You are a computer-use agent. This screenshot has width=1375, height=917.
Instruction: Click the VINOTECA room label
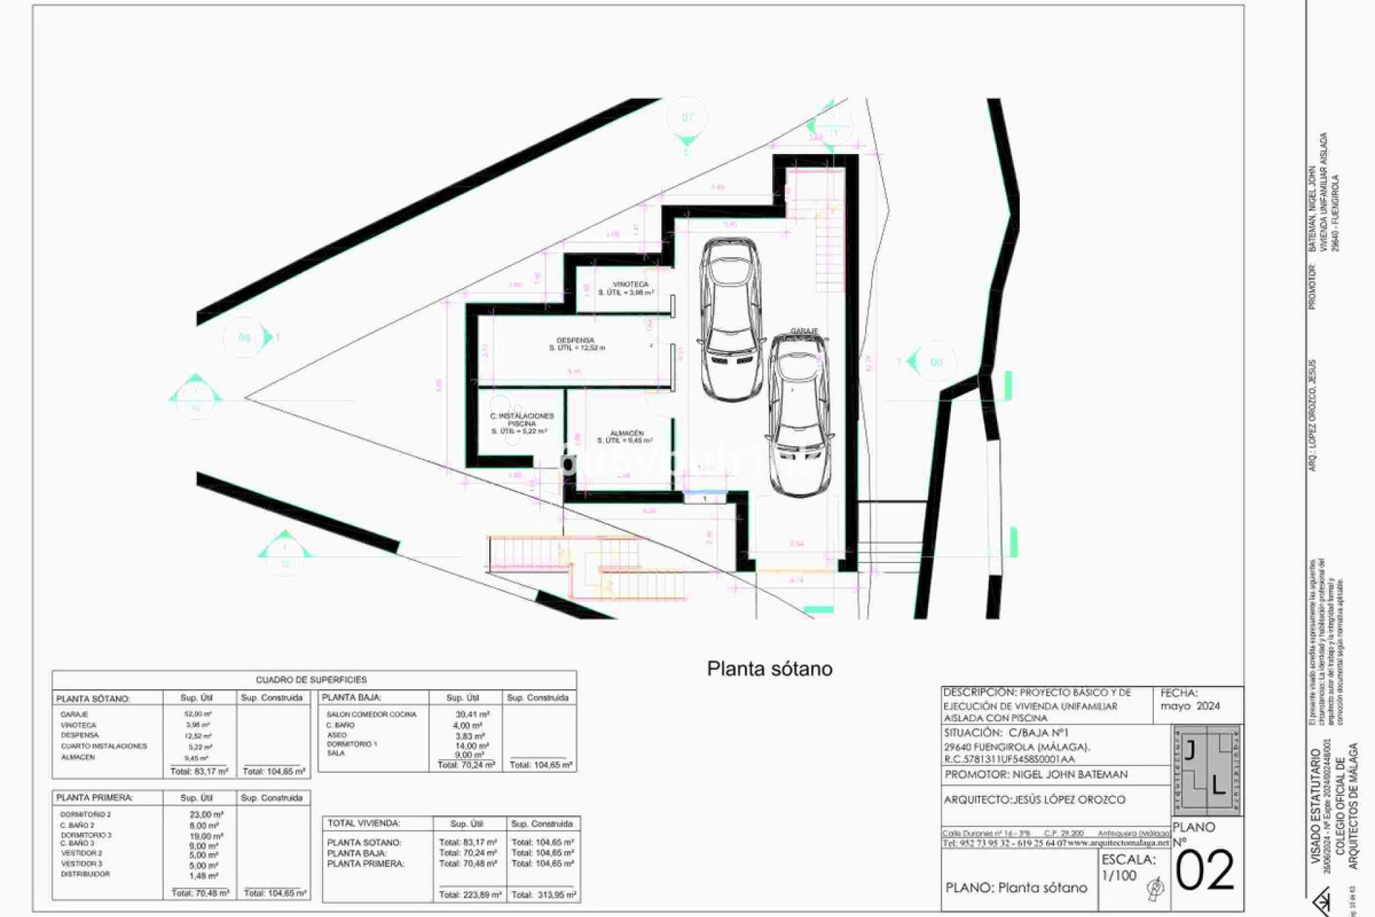[x=630, y=285]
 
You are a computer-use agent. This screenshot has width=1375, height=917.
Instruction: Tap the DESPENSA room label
[x=575, y=341]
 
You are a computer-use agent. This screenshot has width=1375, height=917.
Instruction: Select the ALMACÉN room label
[x=627, y=433]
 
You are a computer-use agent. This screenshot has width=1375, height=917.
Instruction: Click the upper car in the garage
[x=729, y=319]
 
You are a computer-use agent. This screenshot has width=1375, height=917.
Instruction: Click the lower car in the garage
[x=799, y=416]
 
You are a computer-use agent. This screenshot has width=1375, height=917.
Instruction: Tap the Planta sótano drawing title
[x=769, y=668]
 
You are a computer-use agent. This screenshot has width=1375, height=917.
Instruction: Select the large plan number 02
[x=1205, y=871]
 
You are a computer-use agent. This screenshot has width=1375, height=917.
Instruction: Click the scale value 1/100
[x=1119, y=875]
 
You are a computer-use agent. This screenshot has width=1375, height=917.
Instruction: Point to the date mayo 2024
[x=1190, y=706]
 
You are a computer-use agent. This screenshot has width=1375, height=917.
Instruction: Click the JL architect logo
[x=1206, y=770]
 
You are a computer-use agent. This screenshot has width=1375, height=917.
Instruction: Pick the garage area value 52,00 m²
[x=198, y=714]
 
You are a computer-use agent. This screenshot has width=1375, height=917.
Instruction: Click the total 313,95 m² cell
[x=542, y=894]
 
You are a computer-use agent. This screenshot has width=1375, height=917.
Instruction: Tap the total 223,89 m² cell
[x=469, y=894]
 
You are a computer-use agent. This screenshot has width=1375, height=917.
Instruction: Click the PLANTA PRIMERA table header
[x=95, y=797]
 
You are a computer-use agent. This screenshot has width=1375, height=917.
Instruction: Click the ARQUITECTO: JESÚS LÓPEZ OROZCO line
[x=1034, y=800]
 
